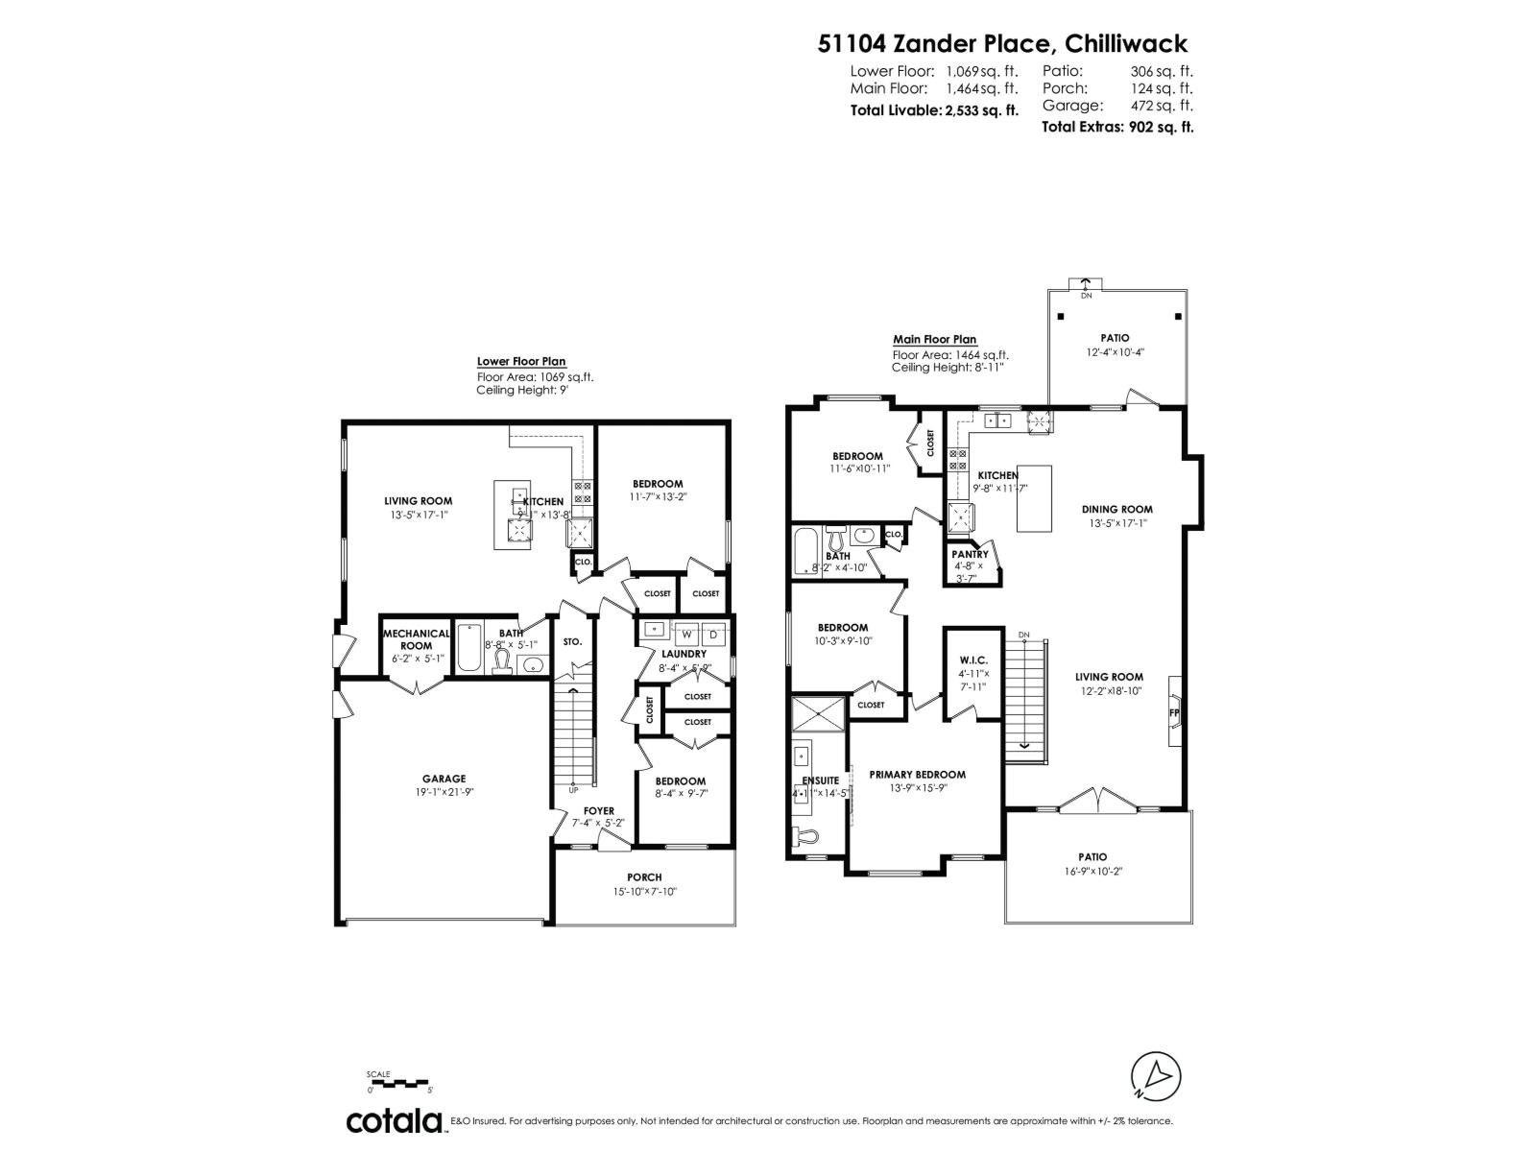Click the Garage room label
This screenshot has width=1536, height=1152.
tap(444, 779)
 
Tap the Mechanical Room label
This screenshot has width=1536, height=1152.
tap(416, 639)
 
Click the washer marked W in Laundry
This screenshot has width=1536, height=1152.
tap(687, 634)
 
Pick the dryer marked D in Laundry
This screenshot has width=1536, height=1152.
tap(713, 634)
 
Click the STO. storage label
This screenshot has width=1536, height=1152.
tap(572, 641)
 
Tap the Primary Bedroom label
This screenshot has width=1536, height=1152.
tap(917, 775)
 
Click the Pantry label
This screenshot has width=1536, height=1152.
tap(970, 554)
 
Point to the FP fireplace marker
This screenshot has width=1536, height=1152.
tap(1173, 713)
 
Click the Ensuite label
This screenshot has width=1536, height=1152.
tap(821, 780)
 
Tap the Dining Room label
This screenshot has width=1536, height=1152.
tap(1116, 510)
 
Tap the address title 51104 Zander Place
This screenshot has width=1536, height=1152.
tap(1002, 43)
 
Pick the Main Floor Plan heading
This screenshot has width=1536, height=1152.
tap(934, 339)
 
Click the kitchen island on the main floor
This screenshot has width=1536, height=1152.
tap(1034, 497)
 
